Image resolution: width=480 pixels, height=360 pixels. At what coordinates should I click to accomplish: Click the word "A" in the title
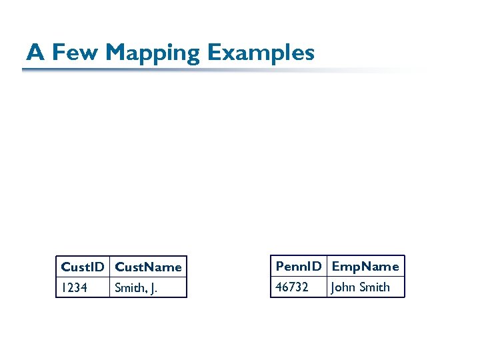[x=35, y=52]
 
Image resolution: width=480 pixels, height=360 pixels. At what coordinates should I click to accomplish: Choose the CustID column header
[x=83, y=267]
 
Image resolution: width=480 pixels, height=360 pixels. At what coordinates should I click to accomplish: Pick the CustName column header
[x=148, y=267]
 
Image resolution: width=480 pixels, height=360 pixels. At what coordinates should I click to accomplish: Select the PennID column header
[x=299, y=266]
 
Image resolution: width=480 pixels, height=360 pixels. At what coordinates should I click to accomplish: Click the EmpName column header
[x=365, y=266]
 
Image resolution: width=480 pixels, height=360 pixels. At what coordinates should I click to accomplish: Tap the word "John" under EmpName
[x=343, y=287]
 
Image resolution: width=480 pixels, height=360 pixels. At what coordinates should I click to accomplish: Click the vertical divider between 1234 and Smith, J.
[x=110, y=287]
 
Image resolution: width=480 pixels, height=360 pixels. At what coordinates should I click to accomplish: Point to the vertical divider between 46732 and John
[x=327, y=287]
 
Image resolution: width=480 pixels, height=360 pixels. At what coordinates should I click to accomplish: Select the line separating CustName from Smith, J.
[x=148, y=277]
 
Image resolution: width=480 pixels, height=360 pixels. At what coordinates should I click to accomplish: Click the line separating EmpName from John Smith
[x=365, y=277]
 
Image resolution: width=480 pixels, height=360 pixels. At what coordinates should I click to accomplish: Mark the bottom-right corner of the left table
[x=187, y=297]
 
